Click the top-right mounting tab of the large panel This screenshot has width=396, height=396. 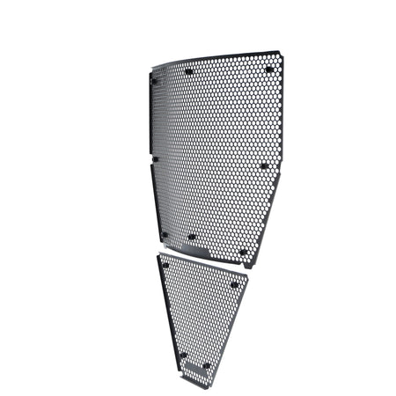click(x=269, y=69)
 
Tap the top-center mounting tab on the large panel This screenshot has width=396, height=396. click(x=189, y=71)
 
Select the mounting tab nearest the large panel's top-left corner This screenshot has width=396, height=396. click(x=154, y=81)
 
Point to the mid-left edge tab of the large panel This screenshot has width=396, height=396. click(x=153, y=159)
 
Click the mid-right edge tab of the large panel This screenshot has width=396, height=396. click(x=263, y=165)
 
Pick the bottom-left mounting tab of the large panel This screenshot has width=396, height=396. click(x=165, y=234)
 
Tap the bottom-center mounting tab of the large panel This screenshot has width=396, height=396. click(x=192, y=237)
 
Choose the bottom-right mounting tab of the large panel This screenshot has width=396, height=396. click(x=243, y=252)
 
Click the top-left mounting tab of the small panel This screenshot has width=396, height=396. click(x=165, y=262)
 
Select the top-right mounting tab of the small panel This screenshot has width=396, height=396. click(x=235, y=283)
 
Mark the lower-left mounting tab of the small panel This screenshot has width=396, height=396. click(x=183, y=356)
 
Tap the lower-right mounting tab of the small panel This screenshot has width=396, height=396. click(x=206, y=365)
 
